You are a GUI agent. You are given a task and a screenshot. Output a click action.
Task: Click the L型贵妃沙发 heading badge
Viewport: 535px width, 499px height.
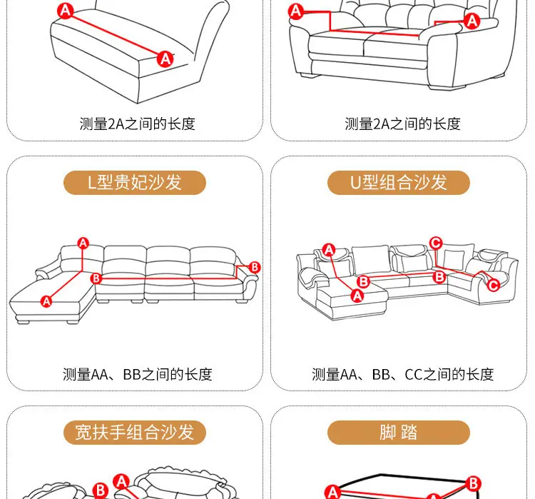click(134, 182)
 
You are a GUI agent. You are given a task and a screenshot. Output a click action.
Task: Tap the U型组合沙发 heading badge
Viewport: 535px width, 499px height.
click(399, 182)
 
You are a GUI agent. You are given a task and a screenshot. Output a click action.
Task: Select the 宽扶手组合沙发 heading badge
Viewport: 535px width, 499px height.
click(134, 433)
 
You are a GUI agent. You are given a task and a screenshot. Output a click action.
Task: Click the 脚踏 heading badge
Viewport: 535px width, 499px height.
click(399, 433)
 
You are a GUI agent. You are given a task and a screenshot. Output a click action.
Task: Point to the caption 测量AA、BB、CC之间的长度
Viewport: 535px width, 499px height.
click(402, 374)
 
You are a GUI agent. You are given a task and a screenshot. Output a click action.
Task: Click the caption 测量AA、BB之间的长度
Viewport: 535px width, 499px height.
click(137, 374)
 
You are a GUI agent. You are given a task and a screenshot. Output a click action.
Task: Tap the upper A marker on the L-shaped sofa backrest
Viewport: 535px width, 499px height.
click(83, 243)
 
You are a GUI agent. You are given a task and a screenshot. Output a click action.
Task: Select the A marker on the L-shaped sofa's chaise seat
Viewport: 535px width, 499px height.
click(46, 301)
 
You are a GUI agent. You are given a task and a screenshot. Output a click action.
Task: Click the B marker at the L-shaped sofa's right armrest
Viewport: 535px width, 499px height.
click(255, 267)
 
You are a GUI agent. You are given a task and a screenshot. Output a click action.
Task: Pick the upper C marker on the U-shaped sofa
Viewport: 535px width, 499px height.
click(436, 243)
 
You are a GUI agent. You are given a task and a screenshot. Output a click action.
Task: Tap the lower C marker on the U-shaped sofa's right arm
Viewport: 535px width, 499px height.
click(493, 285)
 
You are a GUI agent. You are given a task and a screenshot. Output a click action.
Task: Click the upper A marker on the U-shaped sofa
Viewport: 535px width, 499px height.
click(329, 250)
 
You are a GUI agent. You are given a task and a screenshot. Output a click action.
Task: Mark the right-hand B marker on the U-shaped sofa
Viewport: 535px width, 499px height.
click(439, 277)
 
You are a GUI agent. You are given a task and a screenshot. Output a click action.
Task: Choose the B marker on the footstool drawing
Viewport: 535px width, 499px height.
click(474, 483)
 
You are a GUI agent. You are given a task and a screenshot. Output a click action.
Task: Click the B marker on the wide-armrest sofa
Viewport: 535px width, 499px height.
click(101, 490)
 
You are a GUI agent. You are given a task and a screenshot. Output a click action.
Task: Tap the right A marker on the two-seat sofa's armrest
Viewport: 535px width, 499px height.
click(472, 21)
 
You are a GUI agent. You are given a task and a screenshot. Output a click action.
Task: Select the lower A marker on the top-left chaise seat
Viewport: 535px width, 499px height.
click(165, 59)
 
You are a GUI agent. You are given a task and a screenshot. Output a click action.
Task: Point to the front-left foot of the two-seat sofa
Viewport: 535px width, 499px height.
click(308, 76)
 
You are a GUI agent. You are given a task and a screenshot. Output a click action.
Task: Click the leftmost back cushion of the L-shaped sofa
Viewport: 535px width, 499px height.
click(82, 259)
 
